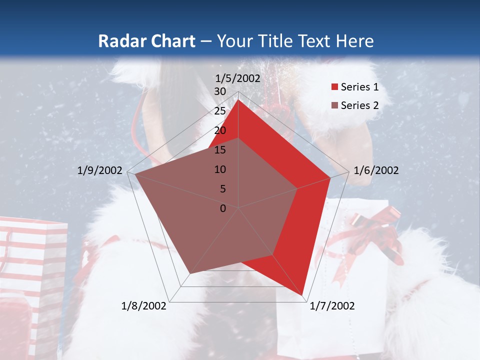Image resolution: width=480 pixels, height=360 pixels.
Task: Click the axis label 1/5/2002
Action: [238, 78]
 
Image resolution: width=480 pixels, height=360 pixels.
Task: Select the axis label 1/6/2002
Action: [376, 170]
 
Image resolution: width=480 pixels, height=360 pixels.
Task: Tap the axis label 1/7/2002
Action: [332, 306]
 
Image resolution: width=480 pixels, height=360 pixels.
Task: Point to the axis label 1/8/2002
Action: [144, 306]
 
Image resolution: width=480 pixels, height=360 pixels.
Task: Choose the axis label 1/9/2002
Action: [100, 170]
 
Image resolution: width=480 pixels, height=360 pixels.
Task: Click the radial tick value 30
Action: [220, 91]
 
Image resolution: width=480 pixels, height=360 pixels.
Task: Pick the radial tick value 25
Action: [220, 111]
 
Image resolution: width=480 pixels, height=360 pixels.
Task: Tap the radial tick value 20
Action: [220, 130]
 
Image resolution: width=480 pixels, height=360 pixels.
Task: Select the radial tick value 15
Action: [220, 150]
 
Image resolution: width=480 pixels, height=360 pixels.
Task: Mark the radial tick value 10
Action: [220, 169]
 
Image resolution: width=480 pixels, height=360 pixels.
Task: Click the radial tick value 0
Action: [223, 208]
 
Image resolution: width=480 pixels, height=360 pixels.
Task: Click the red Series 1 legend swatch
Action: [333, 87]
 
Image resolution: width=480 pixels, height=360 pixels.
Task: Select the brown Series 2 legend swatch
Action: [333, 105]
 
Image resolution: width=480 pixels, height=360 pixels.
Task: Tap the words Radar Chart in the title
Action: [146, 41]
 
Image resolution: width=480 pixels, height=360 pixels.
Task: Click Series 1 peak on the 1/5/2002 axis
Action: [238, 100]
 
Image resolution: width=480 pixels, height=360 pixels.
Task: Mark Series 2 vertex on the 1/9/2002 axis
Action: [135, 175]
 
